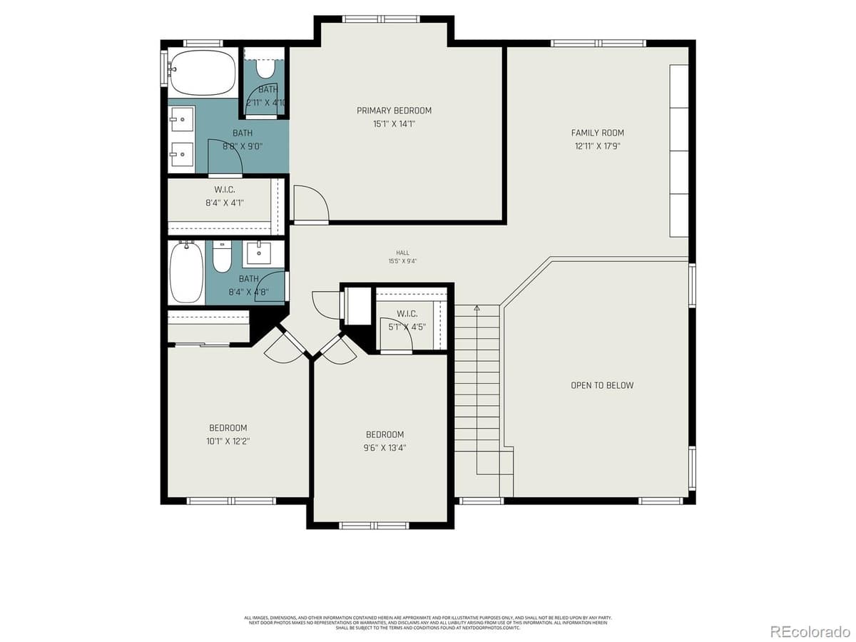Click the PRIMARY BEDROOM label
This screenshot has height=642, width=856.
point(394,111)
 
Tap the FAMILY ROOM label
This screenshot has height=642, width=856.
point(597,133)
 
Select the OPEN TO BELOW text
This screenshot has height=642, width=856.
point(601,385)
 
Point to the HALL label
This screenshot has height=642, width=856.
point(403,253)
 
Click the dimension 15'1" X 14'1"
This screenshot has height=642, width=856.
point(394,124)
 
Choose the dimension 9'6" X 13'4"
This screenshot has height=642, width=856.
point(384,448)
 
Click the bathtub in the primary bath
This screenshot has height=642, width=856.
point(203,73)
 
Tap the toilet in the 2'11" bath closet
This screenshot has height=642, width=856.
point(265,67)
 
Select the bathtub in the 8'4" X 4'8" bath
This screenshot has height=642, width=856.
point(186,272)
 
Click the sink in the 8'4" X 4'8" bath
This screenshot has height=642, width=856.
point(258,253)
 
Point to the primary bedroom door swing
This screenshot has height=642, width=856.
point(311,203)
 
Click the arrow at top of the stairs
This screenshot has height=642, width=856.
point(477,308)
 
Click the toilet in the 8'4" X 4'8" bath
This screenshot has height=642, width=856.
point(223,258)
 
